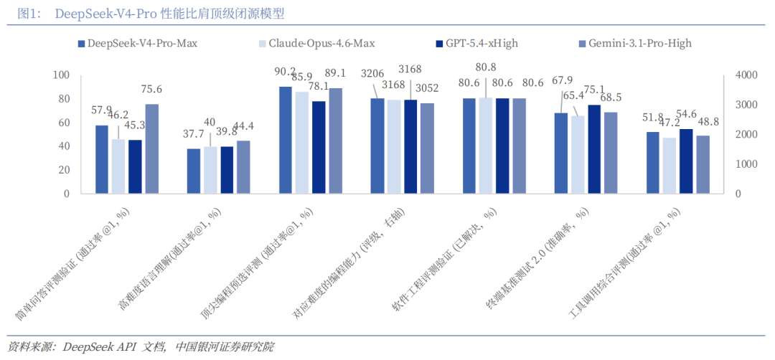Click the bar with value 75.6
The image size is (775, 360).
coord(151,148)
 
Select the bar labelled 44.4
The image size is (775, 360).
coord(243,167)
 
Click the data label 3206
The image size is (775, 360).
coord(372,73)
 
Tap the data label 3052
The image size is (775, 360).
coord(427,88)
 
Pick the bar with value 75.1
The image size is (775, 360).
coord(593,149)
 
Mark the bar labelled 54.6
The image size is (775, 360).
coord(685,161)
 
